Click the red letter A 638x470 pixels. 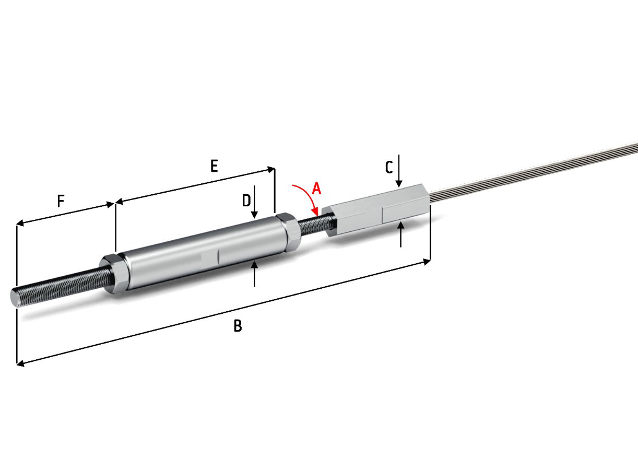(x=317, y=189)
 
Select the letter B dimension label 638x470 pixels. (x=238, y=326)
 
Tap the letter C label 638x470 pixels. (x=389, y=167)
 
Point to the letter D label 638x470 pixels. (x=246, y=201)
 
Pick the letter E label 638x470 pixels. (x=214, y=166)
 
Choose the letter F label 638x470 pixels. (x=61, y=201)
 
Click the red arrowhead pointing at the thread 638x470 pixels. (x=315, y=211)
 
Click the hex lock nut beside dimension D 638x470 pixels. (x=289, y=231)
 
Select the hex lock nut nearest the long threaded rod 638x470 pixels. (x=114, y=274)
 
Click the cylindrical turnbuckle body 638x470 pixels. (x=205, y=253)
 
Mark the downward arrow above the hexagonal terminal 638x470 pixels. (x=399, y=171)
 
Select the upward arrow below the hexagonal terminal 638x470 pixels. (x=401, y=234)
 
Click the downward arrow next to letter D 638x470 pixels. (x=255, y=202)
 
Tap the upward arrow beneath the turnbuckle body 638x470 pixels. (x=254, y=274)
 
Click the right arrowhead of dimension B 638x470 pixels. (x=427, y=262)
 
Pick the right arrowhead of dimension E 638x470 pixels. (x=271, y=170)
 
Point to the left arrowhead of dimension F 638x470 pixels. (x=20, y=223)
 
